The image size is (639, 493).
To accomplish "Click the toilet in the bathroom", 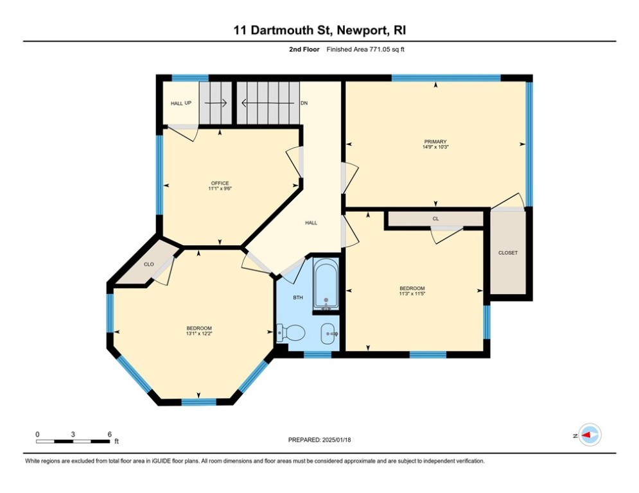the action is pyautogui.click(x=290, y=333).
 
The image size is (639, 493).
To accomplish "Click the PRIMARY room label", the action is pyautogui.click(x=435, y=142).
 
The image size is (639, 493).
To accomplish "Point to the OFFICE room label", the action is pyautogui.click(x=220, y=183).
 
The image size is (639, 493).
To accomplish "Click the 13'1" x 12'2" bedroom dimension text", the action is pyautogui.click(x=199, y=333).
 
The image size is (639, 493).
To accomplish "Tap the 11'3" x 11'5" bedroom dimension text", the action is pyautogui.click(x=412, y=293).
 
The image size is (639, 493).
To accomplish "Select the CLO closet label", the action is pyautogui.click(x=149, y=264).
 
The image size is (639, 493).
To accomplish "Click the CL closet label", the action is pyautogui.click(x=435, y=219).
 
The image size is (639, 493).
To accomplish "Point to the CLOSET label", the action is pyautogui.click(x=508, y=253).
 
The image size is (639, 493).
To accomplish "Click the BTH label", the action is pyautogui.click(x=298, y=298).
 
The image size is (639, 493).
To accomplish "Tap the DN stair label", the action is pyautogui.click(x=304, y=103).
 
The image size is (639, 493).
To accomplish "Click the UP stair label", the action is pyautogui.click(x=188, y=103).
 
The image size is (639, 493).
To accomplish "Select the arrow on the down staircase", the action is pyautogui.click(x=268, y=103).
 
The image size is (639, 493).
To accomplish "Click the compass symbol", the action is pyautogui.click(x=590, y=435).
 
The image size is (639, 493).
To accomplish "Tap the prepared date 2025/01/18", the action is pyautogui.click(x=337, y=440).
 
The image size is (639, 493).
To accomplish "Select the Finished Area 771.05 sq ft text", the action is pyautogui.click(x=365, y=49).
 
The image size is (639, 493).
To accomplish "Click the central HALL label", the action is pyautogui.click(x=311, y=223).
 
